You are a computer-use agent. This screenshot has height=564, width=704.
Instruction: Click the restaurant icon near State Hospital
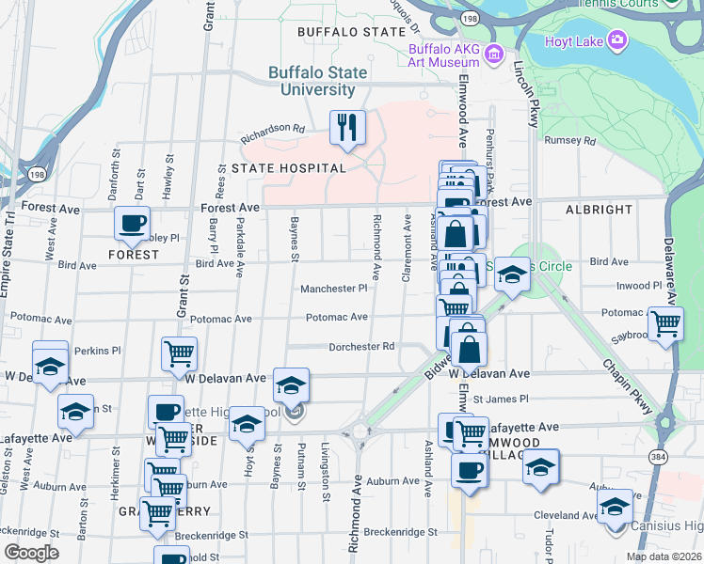pyautogui.click(x=347, y=127)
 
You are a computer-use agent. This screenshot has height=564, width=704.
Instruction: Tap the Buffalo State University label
pyautogui.click(x=312, y=81)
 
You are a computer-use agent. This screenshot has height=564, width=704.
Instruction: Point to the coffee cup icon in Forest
pyautogui.click(x=132, y=224)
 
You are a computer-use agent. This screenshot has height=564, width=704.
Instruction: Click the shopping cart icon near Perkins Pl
pyautogui.click(x=179, y=353)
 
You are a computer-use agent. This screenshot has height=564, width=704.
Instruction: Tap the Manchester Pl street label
pyautogui.click(x=334, y=289)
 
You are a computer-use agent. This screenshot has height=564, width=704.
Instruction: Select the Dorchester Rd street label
pyautogui.click(x=361, y=347)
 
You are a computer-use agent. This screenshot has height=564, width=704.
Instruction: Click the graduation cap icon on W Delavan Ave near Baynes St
pyautogui.click(x=292, y=384)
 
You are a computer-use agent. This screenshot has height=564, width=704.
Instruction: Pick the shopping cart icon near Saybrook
pyautogui.click(x=666, y=322)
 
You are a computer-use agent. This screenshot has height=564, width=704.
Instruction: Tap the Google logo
pyautogui.click(x=32, y=553)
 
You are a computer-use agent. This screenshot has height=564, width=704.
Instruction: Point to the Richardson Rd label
pyautogui.click(x=274, y=128)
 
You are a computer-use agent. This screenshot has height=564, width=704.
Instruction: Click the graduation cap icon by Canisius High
pyautogui.click(x=616, y=505)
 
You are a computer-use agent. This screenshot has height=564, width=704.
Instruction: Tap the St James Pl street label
pyautogui.click(x=501, y=399)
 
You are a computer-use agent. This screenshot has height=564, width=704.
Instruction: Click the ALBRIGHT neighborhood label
pyautogui.click(x=600, y=209)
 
